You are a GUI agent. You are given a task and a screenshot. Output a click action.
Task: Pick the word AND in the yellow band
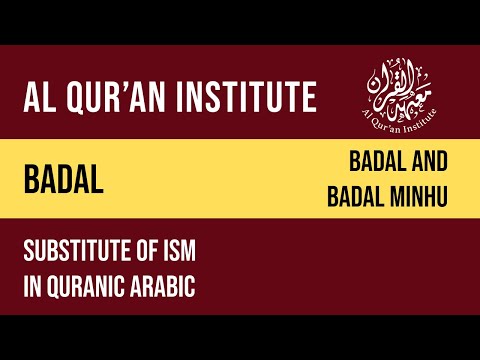[x=429, y=160]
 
